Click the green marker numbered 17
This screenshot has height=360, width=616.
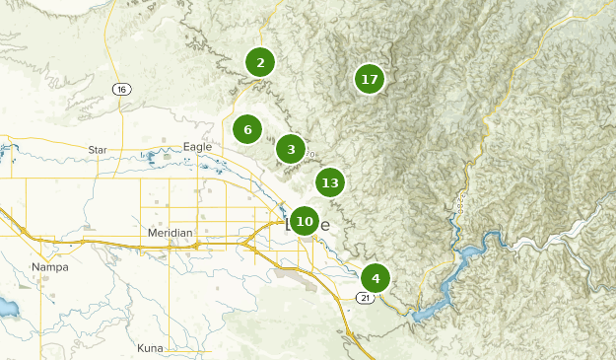click(370, 79)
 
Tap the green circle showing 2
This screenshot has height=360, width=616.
click(260, 63)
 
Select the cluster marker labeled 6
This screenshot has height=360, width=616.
click(247, 129)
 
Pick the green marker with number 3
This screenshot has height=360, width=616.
click(290, 150)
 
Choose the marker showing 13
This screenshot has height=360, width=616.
click(330, 182)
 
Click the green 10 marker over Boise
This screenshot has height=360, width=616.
click(305, 221)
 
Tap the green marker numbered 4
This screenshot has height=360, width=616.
click(376, 278)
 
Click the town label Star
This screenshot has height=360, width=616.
click(97, 150)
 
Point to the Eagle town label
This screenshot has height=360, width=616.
click(197, 147)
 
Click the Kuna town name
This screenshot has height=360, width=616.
click(150, 348)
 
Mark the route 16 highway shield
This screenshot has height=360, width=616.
click(121, 90)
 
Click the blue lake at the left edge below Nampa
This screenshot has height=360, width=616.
click(6, 308)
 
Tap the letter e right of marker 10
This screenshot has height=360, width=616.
click(324, 223)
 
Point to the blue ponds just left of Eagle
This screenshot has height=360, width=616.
click(158, 157)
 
